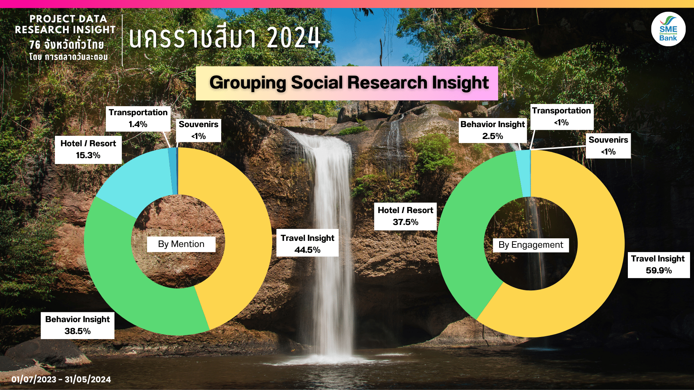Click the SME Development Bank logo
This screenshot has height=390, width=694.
pyautogui.click(x=668, y=29)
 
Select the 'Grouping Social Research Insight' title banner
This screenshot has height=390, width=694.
pyautogui.click(x=347, y=83)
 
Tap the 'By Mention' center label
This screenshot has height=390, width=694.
pyautogui.click(x=181, y=244)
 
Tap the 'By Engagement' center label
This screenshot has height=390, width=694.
pyautogui.click(x=531, y=245)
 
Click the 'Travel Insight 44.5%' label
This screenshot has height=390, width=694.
pyautogui.click(x=307, y=243)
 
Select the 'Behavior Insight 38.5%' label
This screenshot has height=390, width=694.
pyautogui.click(x=77, y=325)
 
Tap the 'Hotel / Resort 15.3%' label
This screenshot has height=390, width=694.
pyautogui.click(x=88, y=149)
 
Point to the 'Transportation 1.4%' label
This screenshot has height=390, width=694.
pyautogui.click(x=138, y=118)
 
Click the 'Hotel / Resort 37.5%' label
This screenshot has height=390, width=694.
pyautogui.click(x=405, y=216)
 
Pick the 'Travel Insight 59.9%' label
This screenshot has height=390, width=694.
pyautogui.click(x=659, y=265)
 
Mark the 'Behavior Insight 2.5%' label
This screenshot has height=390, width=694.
pyautogui.click(x=492, y=130)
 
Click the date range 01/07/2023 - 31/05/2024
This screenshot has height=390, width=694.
pyautogui.click(x=61, y=379)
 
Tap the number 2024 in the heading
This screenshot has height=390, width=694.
pyautogui.click(x=294, y=37)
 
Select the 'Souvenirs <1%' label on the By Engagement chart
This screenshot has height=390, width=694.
pyautogui.click(x=608, y=146)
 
